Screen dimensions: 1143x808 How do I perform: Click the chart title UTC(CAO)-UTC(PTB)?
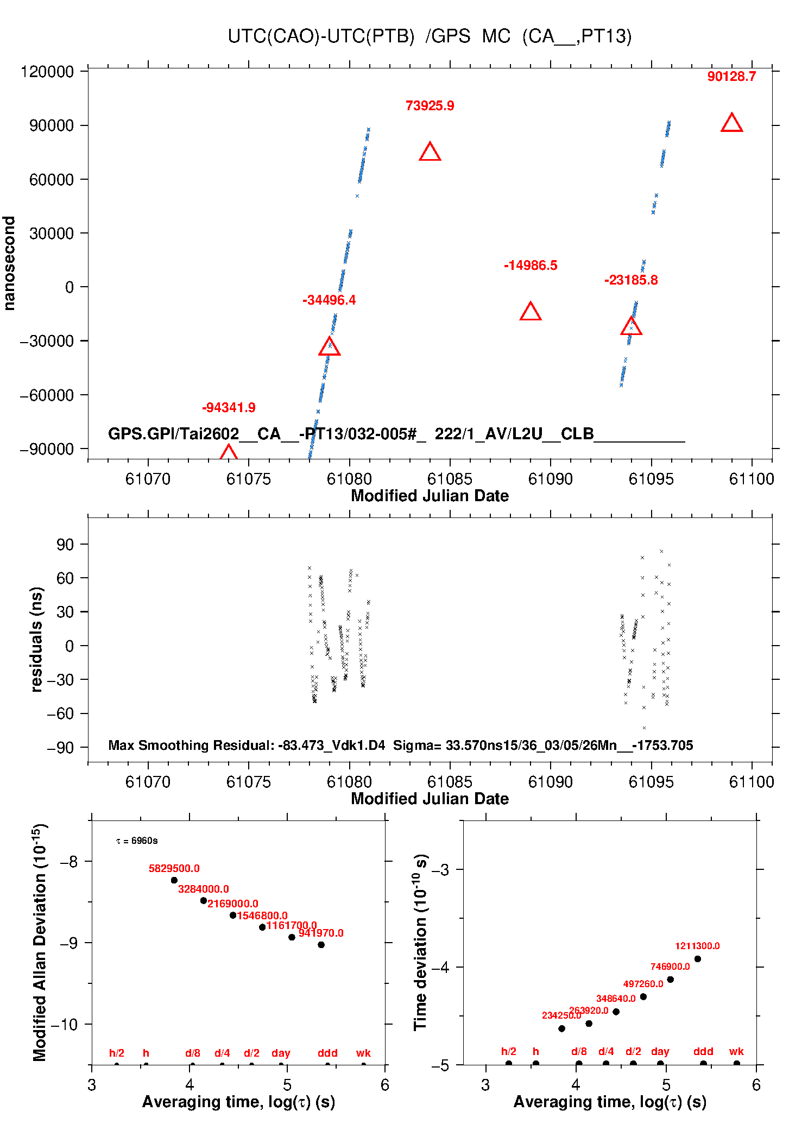pos(321,36)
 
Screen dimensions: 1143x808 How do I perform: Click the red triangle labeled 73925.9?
pos(430,152)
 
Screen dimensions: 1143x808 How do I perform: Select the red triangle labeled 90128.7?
pos(731,123)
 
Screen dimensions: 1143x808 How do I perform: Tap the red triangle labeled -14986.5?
pos(531,312)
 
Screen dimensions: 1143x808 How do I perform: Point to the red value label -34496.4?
pos(329,300)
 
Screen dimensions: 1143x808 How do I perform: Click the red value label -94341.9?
pos(229,407)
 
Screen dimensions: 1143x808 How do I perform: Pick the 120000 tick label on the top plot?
pos(47,71)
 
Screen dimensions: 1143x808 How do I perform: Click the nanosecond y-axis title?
pos(9,263)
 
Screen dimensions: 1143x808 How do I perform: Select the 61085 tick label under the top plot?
pos(450,479)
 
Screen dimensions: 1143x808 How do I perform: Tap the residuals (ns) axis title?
pos(36,639)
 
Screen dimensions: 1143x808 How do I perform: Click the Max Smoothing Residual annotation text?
pos(400,745)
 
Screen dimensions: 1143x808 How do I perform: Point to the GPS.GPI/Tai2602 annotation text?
pos(396,434)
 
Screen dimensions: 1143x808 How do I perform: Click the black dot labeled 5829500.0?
pos(174,880)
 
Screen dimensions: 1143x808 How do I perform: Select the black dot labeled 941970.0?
pos(321,945)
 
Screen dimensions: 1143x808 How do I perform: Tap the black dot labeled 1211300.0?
pos(698,959)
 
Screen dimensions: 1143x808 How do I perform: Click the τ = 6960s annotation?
pos(137,841)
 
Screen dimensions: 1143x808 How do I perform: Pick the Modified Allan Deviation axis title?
pos(40,943)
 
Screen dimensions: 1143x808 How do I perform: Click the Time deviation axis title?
pos(420,943)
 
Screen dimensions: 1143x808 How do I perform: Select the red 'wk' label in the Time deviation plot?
pos(736,1051)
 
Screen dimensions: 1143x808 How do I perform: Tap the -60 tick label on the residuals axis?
pos(60,713)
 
